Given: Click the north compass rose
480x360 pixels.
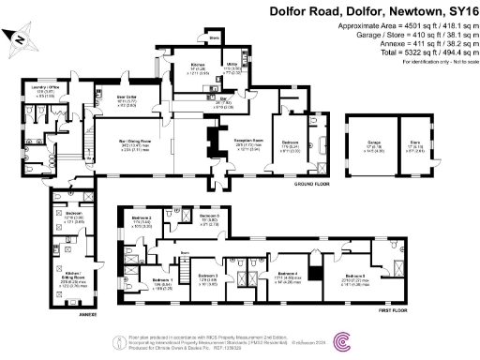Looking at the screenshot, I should [x=20, y=39].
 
